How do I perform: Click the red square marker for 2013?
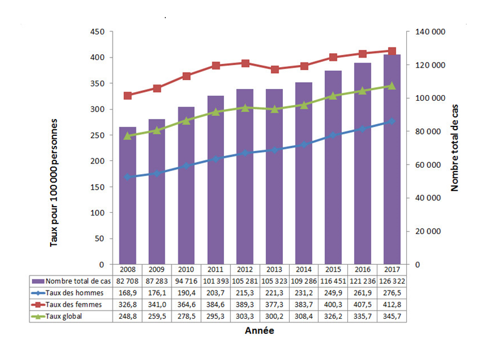[275, 69]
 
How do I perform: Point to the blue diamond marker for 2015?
[334, 135]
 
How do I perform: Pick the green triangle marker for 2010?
[186, 120]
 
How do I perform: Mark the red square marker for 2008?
[128, 96]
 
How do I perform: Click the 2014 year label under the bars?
[304, 269]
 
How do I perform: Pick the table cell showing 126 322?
[392, 282]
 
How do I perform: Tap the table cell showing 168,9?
[128, 293]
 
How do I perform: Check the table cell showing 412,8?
[392, 304]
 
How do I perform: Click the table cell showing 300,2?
[275, 316]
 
